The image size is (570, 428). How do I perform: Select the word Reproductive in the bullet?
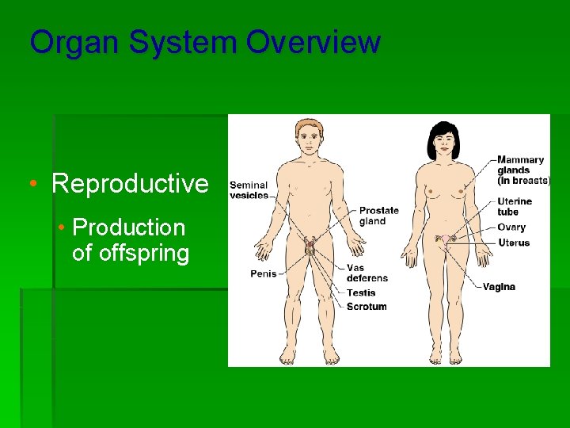click(130, 184)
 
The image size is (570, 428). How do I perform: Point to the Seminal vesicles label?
click(249, 190)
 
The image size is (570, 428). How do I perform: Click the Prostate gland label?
click(379, 216)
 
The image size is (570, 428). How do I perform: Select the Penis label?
click(264, 274)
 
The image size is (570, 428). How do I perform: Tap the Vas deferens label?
click(367, 273)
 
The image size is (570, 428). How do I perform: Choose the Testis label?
click(361, 293)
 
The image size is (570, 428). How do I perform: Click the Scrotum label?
click(367, 307)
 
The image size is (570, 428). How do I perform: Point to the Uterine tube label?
click(515, 206)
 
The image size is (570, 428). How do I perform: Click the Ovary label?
click(511, 227)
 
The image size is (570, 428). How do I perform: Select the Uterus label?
click(514, 243)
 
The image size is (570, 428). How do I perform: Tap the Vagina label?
click(499, 287)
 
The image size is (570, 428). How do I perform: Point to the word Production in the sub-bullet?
click(128, 227)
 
